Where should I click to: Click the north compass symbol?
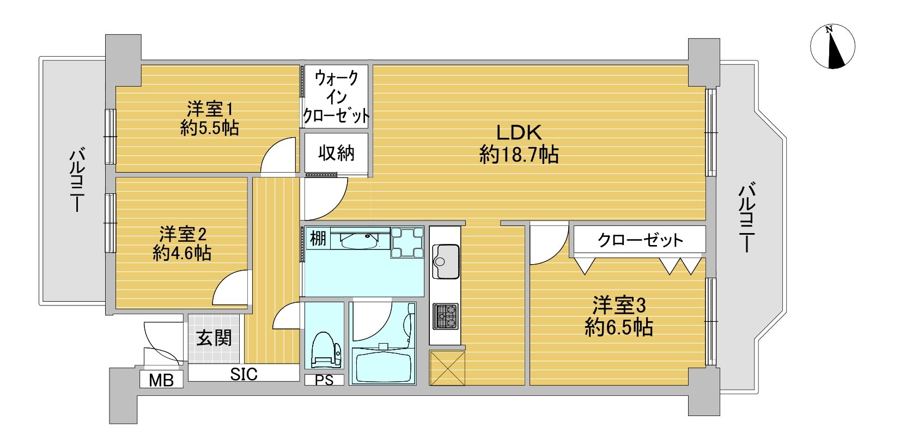pos(832,47)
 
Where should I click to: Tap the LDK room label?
pos(519,132)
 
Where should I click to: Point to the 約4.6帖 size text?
pos(182,253)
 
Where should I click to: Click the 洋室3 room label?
pos(619,305)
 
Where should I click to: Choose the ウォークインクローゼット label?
pos(336,97)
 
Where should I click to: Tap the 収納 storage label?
pos(336,153)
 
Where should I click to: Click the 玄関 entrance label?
pos(214,338)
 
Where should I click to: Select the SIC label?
pos(244,374)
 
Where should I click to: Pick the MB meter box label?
pos(161,380)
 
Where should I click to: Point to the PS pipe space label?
pos(324,380)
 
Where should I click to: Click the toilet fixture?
pos(325,350)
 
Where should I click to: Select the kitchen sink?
pos(445,261)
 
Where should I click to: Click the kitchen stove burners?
pos(445,316)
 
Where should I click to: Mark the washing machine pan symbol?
pos(408,242)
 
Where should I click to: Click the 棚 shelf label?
pos(318,239)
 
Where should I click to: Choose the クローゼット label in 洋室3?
pos(640,241)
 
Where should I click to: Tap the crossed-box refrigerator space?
pos(447,368)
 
